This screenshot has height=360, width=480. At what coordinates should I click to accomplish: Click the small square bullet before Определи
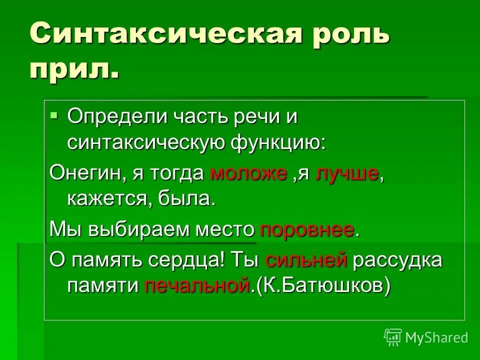coord(54,115)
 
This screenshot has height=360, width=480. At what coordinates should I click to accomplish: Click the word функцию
coord(277,143)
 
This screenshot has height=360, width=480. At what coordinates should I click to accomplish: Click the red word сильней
coord(306,260)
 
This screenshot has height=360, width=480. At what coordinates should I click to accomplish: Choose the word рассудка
coord(397,260)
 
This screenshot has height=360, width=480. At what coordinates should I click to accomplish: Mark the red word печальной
coord(196,285)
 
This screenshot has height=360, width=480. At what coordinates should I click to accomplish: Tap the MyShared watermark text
coord(436,337)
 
